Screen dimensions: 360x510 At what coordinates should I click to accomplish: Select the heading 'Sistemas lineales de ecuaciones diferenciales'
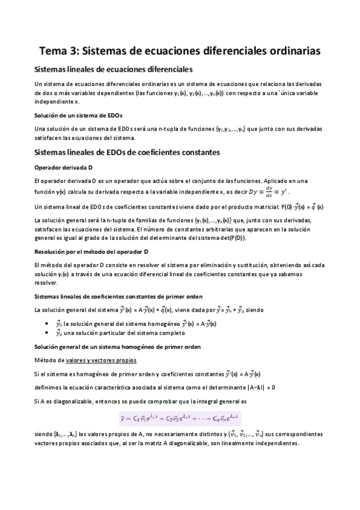114,70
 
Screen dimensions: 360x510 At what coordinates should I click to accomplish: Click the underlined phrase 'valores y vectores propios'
102,360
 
